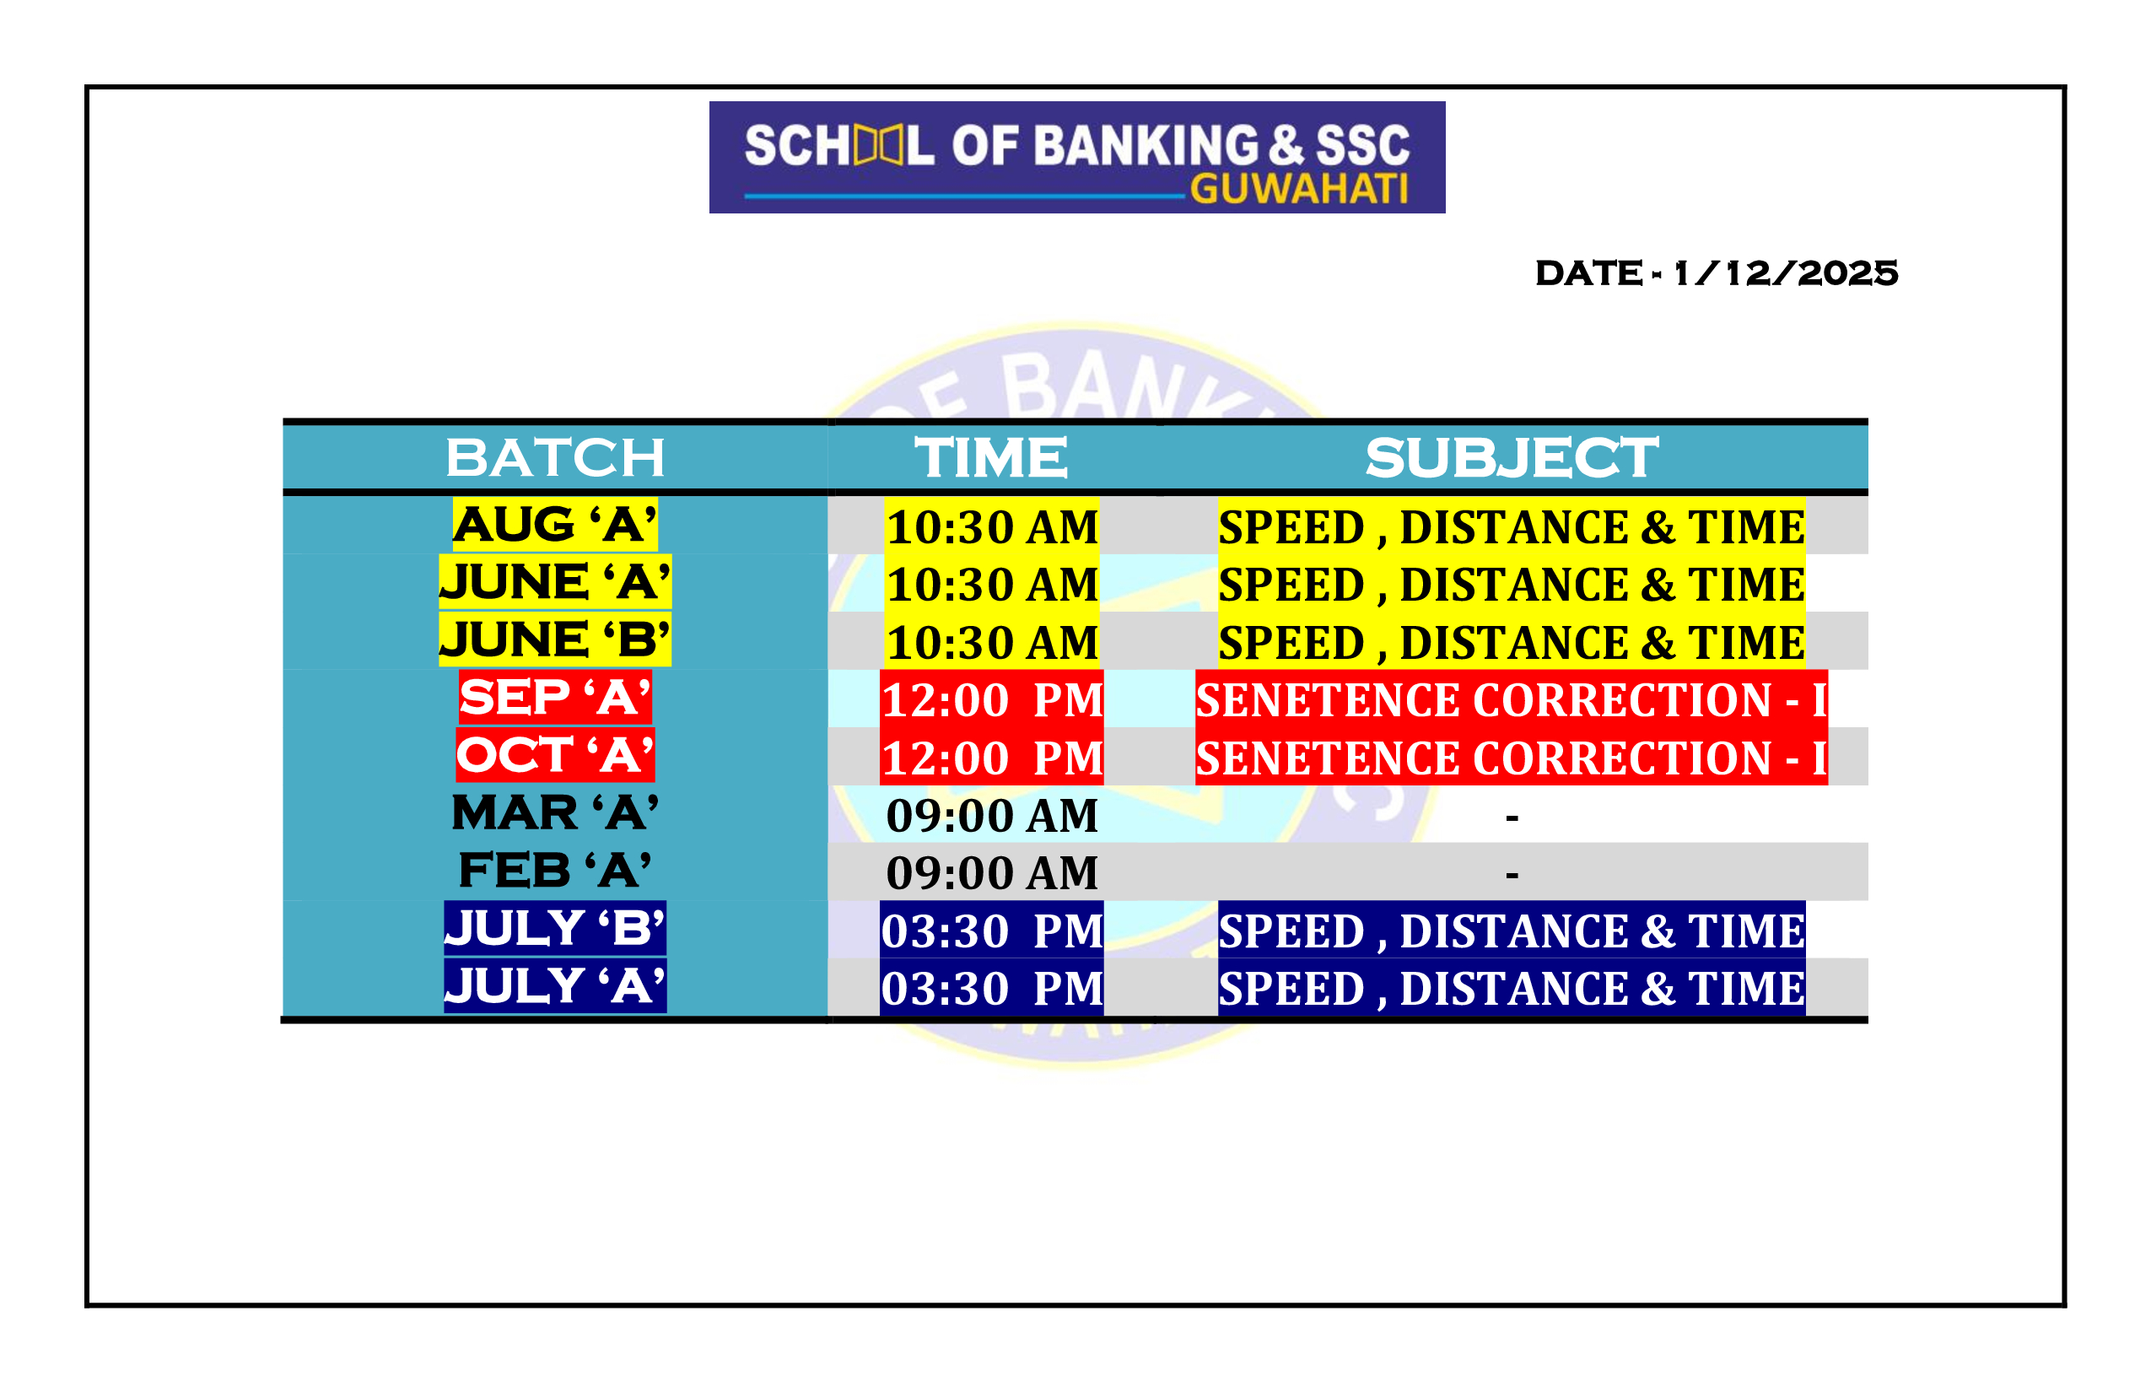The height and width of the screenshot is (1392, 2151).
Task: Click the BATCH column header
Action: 555,457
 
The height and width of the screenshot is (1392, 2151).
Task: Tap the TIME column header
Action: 991,457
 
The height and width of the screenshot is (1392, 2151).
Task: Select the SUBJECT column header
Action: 1511,457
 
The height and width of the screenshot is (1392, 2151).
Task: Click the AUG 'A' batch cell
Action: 555,524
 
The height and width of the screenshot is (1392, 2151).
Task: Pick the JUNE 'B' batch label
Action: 555,639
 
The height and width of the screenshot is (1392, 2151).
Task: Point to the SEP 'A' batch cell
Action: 555,697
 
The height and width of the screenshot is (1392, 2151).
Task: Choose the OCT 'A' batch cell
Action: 555,755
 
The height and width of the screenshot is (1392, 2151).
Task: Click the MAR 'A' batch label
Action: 555,812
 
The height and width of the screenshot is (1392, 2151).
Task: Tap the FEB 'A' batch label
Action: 555,871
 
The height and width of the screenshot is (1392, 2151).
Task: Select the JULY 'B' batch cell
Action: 555,928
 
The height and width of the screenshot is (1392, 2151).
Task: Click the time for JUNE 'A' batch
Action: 991,583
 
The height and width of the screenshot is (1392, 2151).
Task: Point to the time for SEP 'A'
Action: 991,699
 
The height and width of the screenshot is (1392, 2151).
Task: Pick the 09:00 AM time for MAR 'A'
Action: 991,815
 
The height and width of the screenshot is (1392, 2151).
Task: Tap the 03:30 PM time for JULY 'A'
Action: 991,987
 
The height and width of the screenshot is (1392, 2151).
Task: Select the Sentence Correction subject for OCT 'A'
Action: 1511,757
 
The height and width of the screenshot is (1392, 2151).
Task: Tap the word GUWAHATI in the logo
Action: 1299,189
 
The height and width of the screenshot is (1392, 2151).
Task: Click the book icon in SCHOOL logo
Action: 878,147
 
